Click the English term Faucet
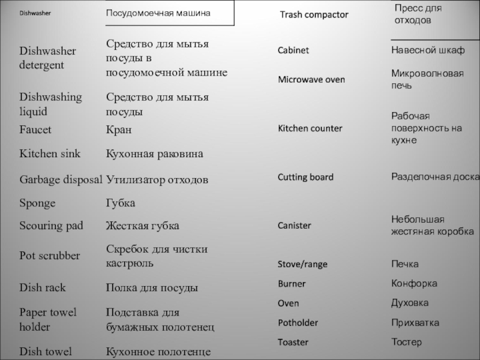click(x=35, y=130)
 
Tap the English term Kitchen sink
click(x=50, y=154)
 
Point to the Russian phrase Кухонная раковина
click(x=154, y=154)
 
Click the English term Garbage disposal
click(x=61, y=179)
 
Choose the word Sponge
click(x=37, y=203)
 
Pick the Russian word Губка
click(x=120, y=203)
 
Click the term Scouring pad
click(x=51, y=226)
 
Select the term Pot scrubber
click(x=50, y=256)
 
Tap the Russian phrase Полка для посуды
click(x=151, y=288)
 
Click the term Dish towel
click(x=46, y=352)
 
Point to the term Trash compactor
click(x=314, y=14)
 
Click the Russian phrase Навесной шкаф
click(x=428, y=50)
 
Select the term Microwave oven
click(x=311, y=80)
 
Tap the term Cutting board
click(x=305, y=178)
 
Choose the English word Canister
click(x=294, y=226)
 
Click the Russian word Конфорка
click(x=414, y=283)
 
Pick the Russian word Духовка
click(x=410, y=303)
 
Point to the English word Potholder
click(x=298, y=323)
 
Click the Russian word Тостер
click(x=406, y=342)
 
